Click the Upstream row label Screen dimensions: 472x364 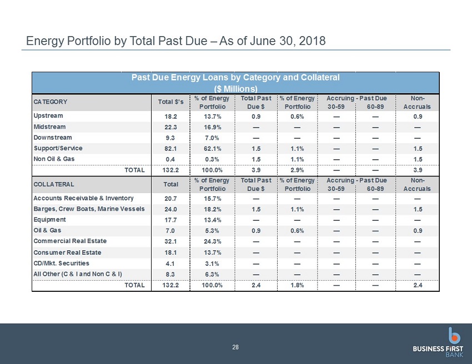click(x=48, y=116)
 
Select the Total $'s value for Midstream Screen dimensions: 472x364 click(x=170, y=127)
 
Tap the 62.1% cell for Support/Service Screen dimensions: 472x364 click(x=212, y=149)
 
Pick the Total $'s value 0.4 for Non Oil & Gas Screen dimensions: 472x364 click(x=170, y=159)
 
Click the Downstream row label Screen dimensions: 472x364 click(x=53, y=138)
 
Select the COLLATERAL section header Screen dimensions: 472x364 click(x=53, y=184)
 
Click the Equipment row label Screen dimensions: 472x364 click(x=49, y=220)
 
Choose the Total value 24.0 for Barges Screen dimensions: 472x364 click(x=170, y=209)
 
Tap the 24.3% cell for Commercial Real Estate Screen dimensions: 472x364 click(x=212, y=241)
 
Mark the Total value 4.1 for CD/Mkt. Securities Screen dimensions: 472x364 click(x=170, y=264)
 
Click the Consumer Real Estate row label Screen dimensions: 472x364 click(x=67, y=252)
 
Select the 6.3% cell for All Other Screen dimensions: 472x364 click(x=212, y=274)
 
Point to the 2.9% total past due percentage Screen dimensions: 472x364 click(x=298, y=170)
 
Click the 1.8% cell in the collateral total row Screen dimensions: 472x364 click(x=298, y=285)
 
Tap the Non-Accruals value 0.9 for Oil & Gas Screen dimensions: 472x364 click(x=418, y=231)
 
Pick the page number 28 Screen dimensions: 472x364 click(x=235, y=347)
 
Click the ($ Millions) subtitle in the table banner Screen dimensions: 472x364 click(x=235, y=89)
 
